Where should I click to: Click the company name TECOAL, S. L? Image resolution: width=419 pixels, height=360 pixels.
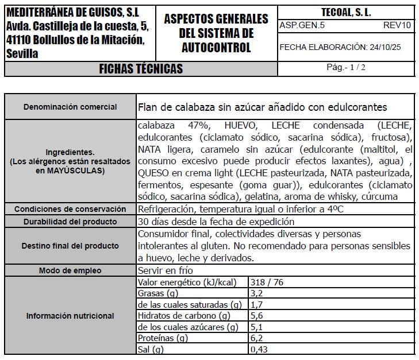coord(346,12)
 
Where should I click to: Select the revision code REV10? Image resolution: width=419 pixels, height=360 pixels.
coord(397,25)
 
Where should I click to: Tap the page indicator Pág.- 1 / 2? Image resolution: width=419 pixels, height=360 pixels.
coord(346,67)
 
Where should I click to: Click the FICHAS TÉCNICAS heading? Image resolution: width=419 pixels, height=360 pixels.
coord(141,69)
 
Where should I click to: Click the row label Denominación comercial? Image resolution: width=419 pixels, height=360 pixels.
coord(70,107)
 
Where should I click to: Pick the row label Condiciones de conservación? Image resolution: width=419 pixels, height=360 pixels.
coord(70,208)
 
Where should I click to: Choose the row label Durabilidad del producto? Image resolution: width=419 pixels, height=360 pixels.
coord(70,222)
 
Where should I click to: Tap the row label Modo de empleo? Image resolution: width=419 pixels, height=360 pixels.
coord(70,270)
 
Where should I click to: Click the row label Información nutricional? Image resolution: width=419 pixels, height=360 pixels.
coord(70,316)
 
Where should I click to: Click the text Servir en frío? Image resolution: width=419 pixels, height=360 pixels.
coord(166,270)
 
